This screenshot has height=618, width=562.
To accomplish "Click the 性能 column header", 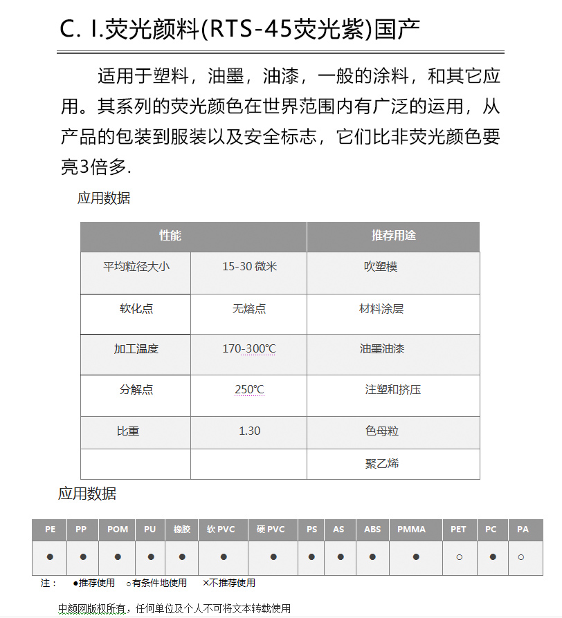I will (x=170, y=236).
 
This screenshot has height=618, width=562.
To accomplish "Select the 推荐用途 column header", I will (x=393, y=236).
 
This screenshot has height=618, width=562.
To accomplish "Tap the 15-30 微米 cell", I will (x=249, y=266).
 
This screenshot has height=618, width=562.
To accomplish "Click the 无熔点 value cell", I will (x=249, y=309).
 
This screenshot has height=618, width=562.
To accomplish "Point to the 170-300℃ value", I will (x=249, y=349).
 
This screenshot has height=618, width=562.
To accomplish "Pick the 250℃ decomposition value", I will (x=249, y=390).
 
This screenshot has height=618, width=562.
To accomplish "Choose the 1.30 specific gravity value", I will (x=249, y=431).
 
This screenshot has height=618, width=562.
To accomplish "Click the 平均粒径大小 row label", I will (x=136, y=266).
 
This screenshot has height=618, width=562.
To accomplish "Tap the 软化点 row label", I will (x=136, y=309).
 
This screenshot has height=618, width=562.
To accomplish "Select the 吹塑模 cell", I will (x=381, y=266).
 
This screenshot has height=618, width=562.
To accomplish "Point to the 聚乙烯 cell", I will (x=382, y=463).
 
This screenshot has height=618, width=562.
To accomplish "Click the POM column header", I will (x=118, y=530).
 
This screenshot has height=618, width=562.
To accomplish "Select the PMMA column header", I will (x=412, y=530).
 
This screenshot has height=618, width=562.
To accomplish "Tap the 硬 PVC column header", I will (x=271, y=530).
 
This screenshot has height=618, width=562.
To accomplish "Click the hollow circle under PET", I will (x=459, y=556).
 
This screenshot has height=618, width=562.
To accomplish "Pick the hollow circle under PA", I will (x=521, y=556).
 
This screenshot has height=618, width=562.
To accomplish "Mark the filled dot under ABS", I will (x=372, y=556).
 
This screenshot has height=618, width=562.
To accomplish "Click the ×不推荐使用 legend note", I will (x=229, y=583).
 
